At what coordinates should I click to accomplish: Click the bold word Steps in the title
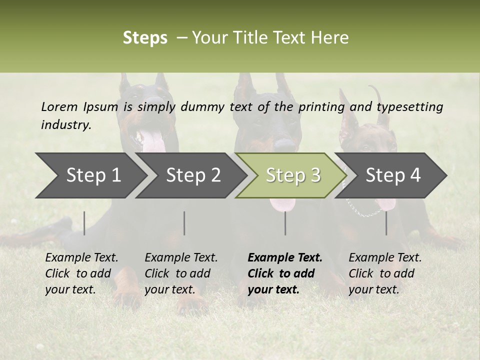click(145, 38)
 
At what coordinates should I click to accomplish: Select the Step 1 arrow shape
click(90, 175)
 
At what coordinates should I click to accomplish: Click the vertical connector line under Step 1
click(84, 223)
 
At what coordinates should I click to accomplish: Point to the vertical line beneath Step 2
click(184, 223)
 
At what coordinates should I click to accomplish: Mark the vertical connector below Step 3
click(285, 223)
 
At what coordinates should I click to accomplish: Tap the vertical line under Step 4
click(386, 223)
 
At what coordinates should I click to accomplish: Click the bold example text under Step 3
click(284, 273)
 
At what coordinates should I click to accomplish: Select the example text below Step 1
click(81, 273)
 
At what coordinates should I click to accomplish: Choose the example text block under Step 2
click(181, 273)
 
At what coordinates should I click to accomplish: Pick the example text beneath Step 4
click(384, 273)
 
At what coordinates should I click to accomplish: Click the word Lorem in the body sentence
click(59, 106)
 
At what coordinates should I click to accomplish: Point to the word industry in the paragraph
click(65, 125)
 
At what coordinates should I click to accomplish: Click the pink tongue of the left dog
click(152, 142)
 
